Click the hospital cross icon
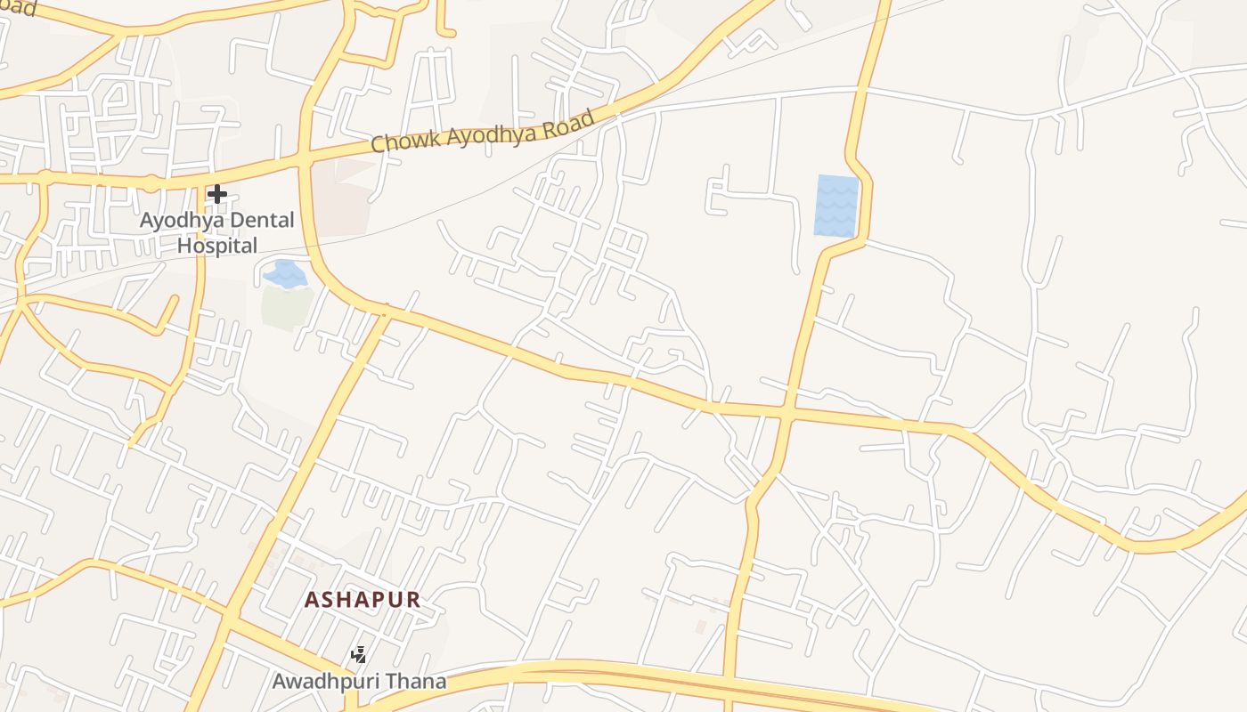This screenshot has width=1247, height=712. coord(217,194)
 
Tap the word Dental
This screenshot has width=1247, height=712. coord(259,221)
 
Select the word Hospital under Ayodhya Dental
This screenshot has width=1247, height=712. coord(217,246)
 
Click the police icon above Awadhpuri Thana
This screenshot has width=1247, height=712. coord(359,656)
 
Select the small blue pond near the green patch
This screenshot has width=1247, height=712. coord(285,273)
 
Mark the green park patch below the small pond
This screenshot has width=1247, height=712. coord(286,306)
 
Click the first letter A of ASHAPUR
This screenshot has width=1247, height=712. coord(312,600)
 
